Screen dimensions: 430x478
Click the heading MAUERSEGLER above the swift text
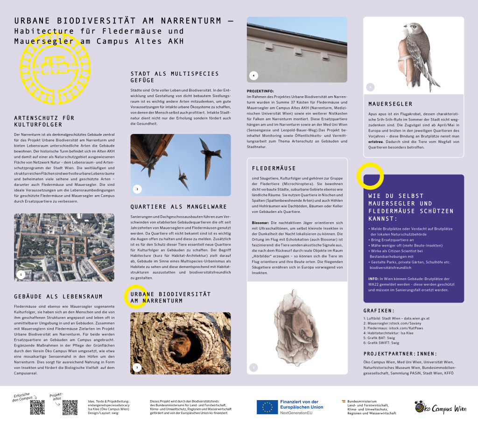point(390,104)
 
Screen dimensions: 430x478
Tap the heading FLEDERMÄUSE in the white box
point(274,168)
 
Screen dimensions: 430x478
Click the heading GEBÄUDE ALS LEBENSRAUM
point(58,296)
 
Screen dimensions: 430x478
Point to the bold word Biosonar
point(260,223)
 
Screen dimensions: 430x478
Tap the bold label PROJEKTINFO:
point(260,91)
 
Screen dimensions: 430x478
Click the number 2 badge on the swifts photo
point(137,189)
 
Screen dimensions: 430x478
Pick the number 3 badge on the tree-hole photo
point(137,367)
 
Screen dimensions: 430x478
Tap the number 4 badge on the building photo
point(253,75)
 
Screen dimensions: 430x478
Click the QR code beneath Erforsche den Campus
point(37,407)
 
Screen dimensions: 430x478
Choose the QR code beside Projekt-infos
point(70,407)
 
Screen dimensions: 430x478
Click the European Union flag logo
point(267,407)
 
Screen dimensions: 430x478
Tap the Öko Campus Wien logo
point(440,408)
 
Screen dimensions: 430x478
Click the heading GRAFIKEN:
point(379,310)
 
